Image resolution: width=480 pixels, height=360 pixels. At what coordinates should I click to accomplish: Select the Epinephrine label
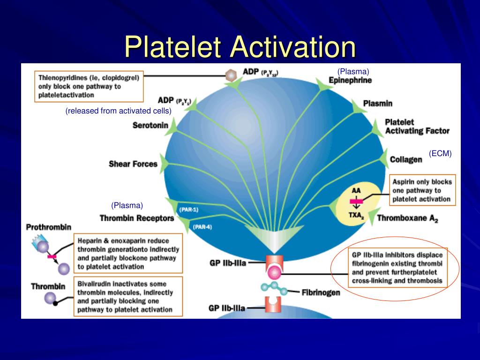[350, 81]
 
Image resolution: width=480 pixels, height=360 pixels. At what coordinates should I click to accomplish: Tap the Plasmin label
[378, 104]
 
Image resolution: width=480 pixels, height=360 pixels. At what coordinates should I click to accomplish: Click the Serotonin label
[150, 125]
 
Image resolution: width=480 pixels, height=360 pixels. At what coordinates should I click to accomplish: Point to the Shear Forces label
[133, 164]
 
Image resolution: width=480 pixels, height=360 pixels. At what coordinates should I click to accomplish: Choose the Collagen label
[406, 159]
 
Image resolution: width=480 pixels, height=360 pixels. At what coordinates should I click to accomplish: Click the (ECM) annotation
[440, 153]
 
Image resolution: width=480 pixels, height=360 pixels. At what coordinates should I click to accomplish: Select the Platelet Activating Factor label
[417, 127]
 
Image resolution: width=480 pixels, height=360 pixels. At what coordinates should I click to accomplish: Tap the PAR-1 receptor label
[189, 210]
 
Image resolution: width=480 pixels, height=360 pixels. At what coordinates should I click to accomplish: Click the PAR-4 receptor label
[202, 227]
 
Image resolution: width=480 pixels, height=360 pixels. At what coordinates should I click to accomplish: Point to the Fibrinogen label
[321, 292]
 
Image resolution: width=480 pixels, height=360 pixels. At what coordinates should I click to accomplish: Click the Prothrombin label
[49, 227]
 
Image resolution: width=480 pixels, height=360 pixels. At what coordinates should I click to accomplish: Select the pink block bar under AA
[356, 201]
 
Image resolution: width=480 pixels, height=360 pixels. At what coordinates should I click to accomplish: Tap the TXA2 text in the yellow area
[356, 216]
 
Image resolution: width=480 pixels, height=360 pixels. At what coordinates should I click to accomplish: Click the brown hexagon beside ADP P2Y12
[231, 75]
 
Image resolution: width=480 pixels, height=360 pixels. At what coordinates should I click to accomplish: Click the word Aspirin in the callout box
[402, 182]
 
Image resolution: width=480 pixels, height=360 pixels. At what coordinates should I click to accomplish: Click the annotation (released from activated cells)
[119, 111]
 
